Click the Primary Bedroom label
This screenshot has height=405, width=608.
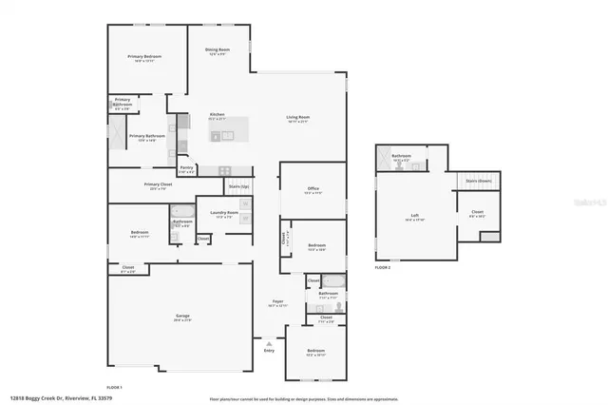click(x=145, y=58)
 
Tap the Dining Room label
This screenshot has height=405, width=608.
click(x=218, y=50)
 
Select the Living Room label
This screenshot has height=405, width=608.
click(x=298, y=118)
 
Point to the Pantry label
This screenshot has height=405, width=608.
click(x=186, y=167)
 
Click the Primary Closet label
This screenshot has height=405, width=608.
click(x=158, y=185)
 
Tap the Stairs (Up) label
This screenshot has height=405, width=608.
click(x=238, y=186)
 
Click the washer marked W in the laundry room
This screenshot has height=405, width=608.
click(x=245, y=203)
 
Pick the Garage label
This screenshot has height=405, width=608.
click(x=182, y=318)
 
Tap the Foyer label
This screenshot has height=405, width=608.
click(x=277, y=302)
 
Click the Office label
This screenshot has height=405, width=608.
click(x=313, y=190)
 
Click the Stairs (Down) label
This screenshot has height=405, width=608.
click(x=478, y=179)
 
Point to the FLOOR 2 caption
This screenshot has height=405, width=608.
click(x=383, y=268)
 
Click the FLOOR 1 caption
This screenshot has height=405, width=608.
click(x=114, y=387)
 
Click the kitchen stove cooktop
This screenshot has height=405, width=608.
click(x=225, y=170)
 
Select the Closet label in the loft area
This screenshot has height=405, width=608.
click(x=477, y=213)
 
